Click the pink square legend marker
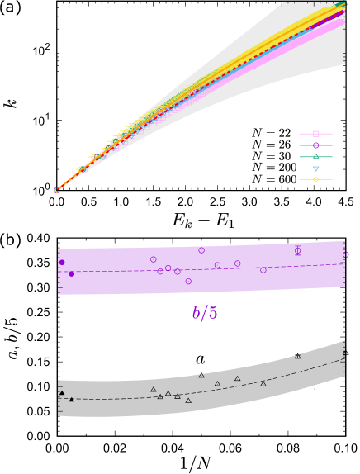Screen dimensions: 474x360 [x=315, y=133]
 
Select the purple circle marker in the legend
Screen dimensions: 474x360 [x=315, y=145]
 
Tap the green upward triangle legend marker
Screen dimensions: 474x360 [x=315, y=156]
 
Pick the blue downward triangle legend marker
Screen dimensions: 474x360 [x=315, y=168]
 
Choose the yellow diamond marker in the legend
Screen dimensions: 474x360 [x=315, y=179]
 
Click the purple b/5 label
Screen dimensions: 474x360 [x=205, y=313]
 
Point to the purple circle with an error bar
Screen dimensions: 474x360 [x=297, y=250]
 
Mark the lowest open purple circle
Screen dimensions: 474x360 [x=188, y=282]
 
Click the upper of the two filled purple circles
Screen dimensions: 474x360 [x=62, y=263]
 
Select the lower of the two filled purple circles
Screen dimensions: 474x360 [x=72, y=273]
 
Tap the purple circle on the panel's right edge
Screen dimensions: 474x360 [x=346, y=255]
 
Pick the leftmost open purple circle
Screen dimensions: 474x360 [x=154, y=259]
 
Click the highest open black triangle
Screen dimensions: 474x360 [x=297, y=356]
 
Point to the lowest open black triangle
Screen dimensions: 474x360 [x=188, y=401]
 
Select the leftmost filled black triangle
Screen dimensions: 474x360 [x=62, y=393]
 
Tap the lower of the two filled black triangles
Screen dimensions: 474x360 [x=72, y=400]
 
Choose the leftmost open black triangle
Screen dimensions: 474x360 [x=154, y=390]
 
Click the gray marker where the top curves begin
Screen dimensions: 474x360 [x=57, y=191]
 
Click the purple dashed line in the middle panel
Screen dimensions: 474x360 [x=248, y=268]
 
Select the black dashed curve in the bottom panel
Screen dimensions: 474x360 [x=248, y=388]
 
